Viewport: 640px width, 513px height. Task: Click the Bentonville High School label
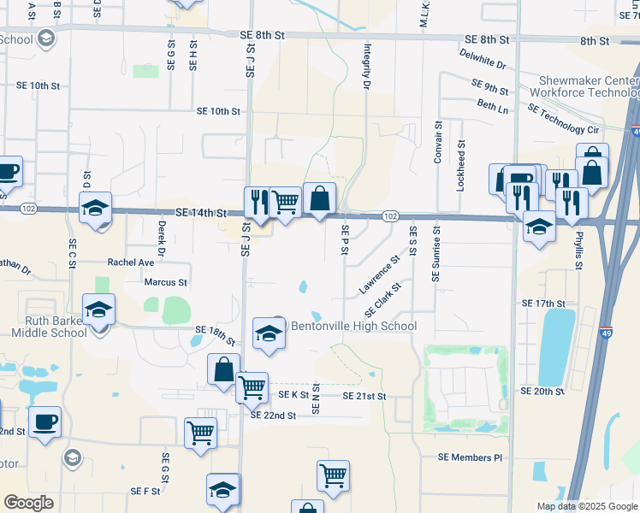coord(354,326)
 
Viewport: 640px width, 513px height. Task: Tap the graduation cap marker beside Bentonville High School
coord(269,333)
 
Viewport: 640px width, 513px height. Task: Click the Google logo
coord(29,502)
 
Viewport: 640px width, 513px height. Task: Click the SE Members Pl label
coord(470,457)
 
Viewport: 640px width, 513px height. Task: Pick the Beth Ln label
coord(493,107)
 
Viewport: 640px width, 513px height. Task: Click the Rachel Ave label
coord(130,262)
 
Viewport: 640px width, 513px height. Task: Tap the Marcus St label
coord(165,281)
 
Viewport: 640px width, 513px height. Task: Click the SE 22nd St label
coord(273,416)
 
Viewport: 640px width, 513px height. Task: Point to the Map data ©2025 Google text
coord(586,506)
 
